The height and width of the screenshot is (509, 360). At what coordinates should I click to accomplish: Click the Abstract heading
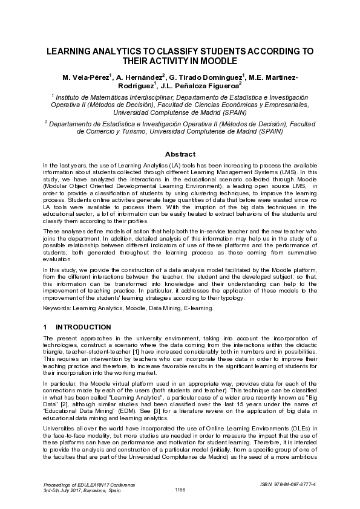pyautogui.click(x=180, y=154)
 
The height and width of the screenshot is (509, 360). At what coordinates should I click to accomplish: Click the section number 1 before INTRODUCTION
pyautogui.click(x=45, y=327)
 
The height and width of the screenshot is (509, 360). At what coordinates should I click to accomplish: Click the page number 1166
pyautogui.click(x=180, y=489)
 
